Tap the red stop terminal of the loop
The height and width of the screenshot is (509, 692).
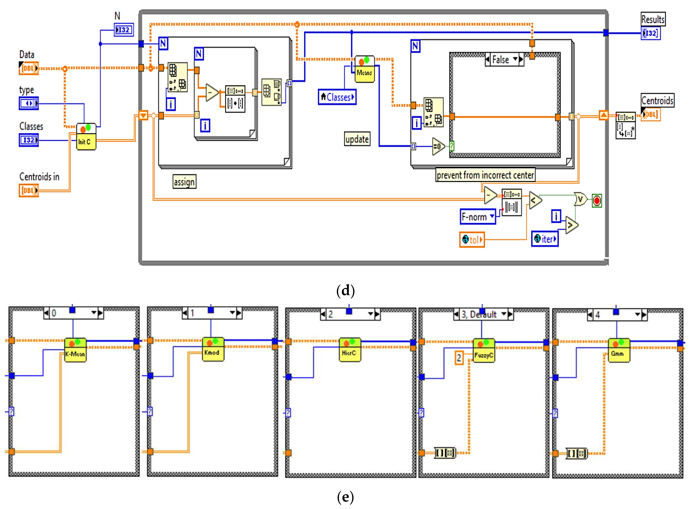(x=597, y=201)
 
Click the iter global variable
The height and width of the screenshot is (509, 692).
(x=544, y=239)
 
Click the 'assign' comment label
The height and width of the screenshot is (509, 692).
(x=184, y=182)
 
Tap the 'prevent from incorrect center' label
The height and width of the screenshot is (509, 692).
(x=485, y=175)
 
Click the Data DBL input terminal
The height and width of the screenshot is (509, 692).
(x=29, y=68)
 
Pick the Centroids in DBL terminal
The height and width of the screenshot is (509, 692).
(x=29, y=190)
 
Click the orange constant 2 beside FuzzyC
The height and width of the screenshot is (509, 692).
(x=459, y=358)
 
